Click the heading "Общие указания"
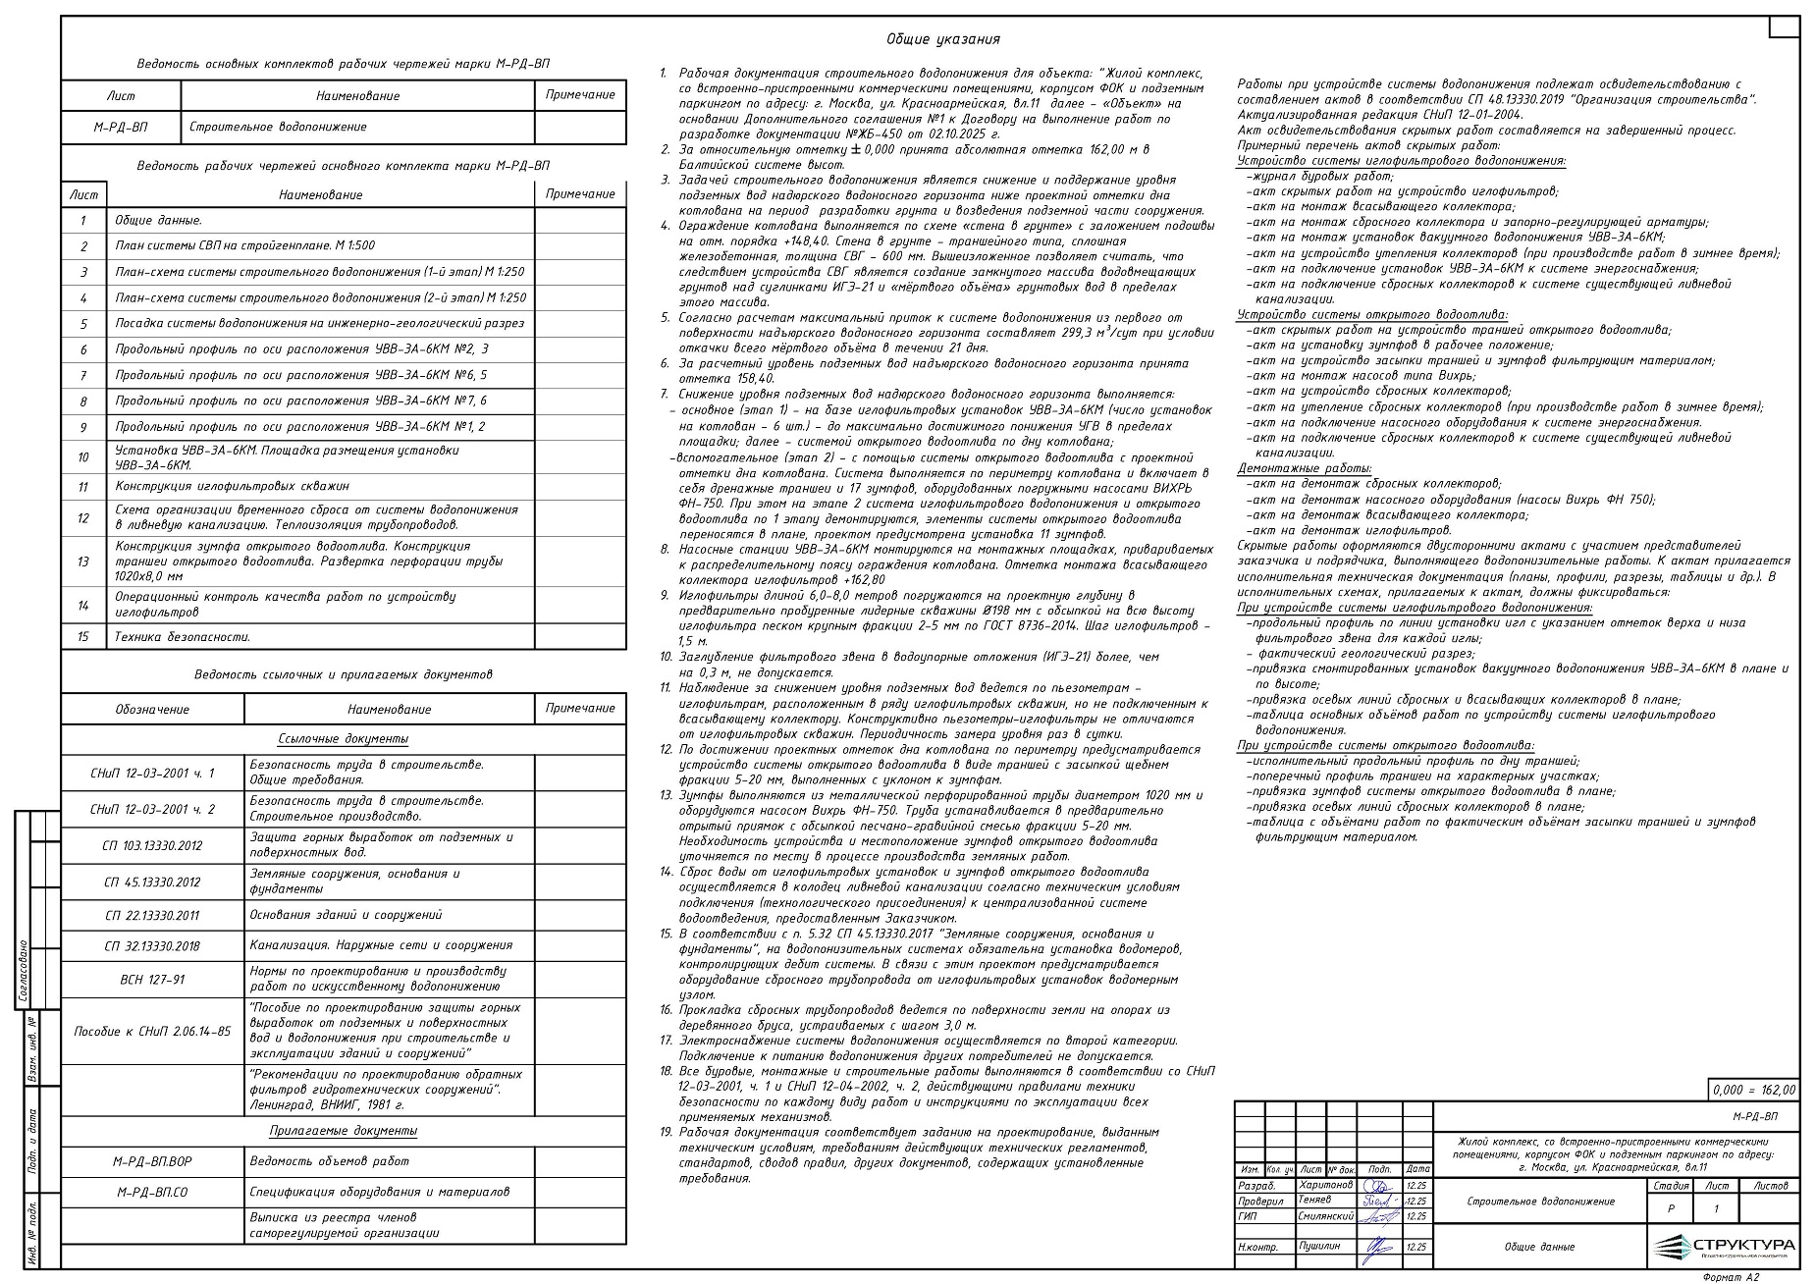942,39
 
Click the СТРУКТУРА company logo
1724,1247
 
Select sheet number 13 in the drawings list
83,562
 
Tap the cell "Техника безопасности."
183,637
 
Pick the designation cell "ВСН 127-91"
152,980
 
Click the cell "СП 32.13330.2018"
152,945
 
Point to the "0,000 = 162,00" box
1754,1090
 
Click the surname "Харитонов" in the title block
1325,1185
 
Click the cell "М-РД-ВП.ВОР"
152,1161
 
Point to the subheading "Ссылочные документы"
343,739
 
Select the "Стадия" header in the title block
1671,1186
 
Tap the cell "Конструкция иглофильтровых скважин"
232,486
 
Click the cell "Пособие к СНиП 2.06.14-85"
152,1031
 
